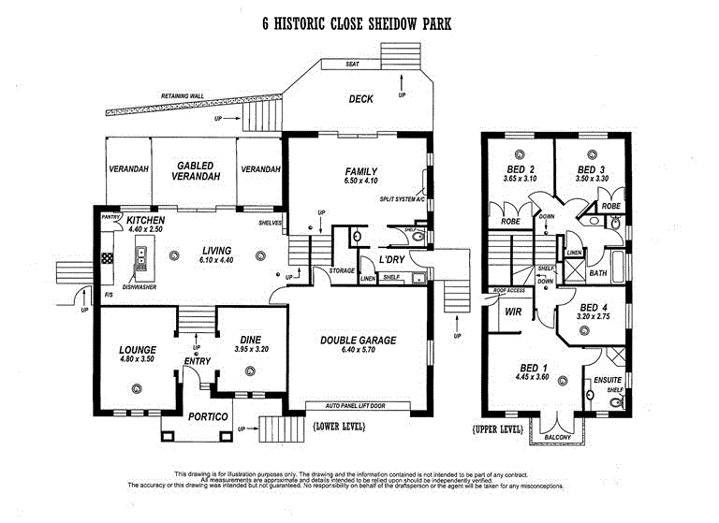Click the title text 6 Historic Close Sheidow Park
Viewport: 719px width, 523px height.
click(x=357, y=22)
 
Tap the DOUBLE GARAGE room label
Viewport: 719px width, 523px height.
click(x=359, y=341)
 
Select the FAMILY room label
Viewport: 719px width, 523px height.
click(x=360, y=171)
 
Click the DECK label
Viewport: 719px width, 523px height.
click(x=361, y=98)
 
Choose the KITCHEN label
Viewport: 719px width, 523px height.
click(x=145, y=220)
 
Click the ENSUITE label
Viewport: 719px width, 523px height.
click(x=607, y=380)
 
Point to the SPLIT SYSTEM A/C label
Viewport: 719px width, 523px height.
click(x=402, y=199)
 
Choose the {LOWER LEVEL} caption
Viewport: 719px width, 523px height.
click(x=340, y=427)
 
